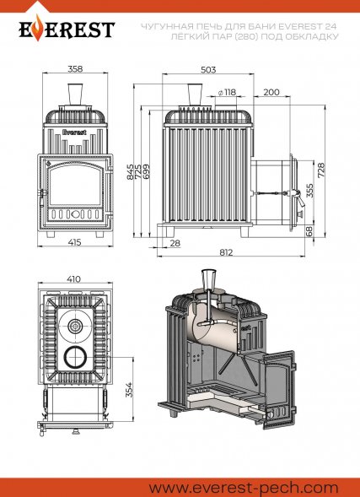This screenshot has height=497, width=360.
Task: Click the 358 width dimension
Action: tap(75, 68)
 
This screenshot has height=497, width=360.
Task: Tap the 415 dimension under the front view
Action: tap(75, 242)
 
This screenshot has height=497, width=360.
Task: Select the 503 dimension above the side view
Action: tap(208, 70)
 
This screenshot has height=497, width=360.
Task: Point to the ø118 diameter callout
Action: tap(227, 92)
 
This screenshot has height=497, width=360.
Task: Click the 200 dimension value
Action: tap(271, 92)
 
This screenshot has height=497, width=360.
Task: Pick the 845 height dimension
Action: tap(131, 172)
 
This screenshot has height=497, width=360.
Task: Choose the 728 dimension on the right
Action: tap(320, 171)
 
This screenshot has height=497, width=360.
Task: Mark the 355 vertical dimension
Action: tap(310, 191)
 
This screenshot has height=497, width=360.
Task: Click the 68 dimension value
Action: tap(309, 230)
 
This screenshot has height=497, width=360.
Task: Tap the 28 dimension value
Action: tap(175, 243)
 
